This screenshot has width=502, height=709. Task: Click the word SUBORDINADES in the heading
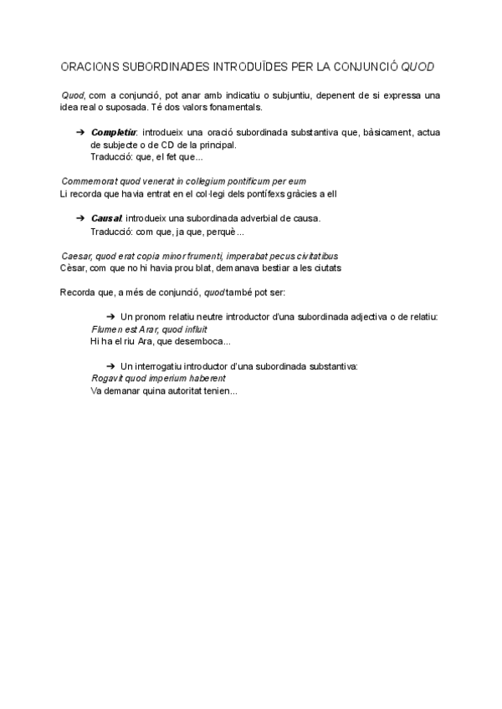pyautogui.click(x=153, y=65)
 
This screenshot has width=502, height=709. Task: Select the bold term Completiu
pyautogui.click(x=115, y=132)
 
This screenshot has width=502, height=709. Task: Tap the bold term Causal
pyautogui.click(x=107, y=218)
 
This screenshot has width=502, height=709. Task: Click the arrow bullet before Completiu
pyautogui.click(x=80, y=132)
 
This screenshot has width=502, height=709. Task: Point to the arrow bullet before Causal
pyautogui.click(x=80, y=218)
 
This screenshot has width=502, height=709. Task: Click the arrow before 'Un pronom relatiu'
pyautogui.click(x=111, y=317)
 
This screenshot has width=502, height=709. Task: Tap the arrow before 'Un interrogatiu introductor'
pyautogui.click(x=111, y=366)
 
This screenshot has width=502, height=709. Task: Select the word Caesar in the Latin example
pyautogui.click(x=76, y=255)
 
